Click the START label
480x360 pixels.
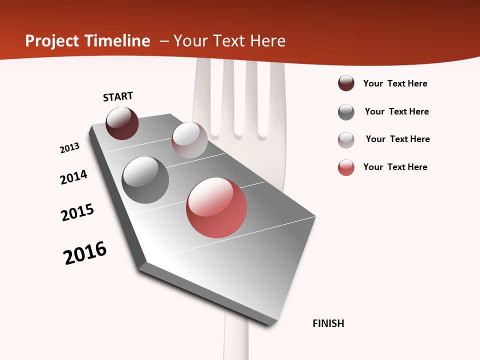(118, 96)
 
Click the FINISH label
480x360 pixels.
(328, 323)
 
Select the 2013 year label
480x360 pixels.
(70, 148)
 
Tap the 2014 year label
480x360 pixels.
(74, 177)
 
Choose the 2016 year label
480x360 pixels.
(85, 253)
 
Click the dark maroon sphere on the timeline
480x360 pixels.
(122, 123)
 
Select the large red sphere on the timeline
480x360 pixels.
(216, 207)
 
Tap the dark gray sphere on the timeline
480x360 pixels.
(145, 180)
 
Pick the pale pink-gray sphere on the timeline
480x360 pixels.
(189, 140)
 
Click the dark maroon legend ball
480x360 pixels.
(346, 83)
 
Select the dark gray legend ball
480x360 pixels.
(346, 112)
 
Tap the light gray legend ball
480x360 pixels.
(346, 140)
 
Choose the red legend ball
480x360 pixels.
(346, 167)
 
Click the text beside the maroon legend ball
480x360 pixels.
(395, 83)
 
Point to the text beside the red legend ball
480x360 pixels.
(395, 167)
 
